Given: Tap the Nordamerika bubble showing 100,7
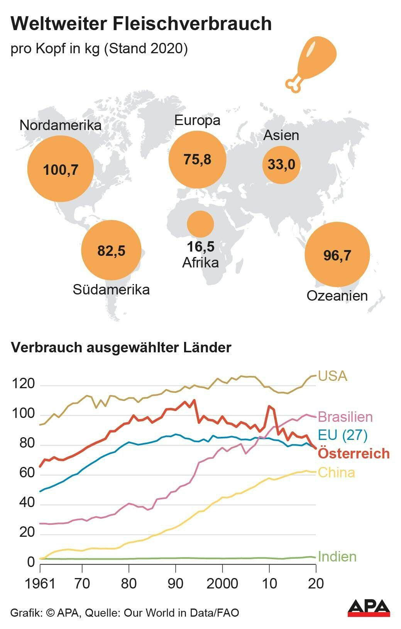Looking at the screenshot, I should pos(61,169).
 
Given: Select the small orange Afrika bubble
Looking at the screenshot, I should pos(200,224).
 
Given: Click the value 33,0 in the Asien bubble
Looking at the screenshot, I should pos(281,164).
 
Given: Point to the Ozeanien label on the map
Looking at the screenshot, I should pos(337,296).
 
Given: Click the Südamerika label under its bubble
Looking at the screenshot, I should pos(111,289).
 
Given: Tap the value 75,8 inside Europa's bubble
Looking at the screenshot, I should pos(197,159).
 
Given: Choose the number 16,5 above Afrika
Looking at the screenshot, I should pos(200,246).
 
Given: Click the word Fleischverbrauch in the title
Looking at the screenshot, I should pos(192,24).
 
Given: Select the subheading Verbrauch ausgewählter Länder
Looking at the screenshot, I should pos(121,347).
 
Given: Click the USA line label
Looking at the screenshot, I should pos(333,375).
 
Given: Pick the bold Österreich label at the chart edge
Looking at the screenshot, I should pos(354,453).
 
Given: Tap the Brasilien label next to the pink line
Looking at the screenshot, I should pos(345,417).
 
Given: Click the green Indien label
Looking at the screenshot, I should pos(337,556).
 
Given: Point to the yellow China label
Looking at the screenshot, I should pos(336,472).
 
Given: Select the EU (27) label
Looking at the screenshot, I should pos(342,435).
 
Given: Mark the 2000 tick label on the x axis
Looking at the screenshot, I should pos(222,583).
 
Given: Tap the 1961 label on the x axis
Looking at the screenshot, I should pos(40,583).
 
